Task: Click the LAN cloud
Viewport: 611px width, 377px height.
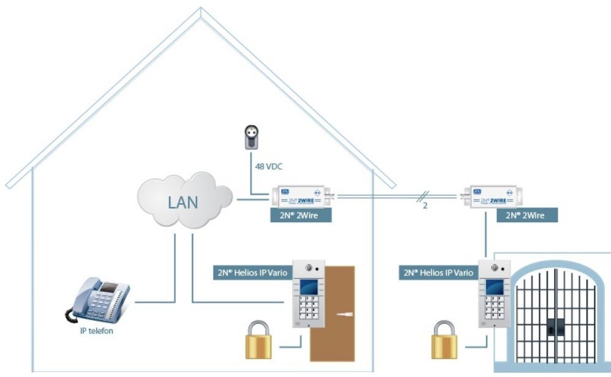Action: pos(184,203)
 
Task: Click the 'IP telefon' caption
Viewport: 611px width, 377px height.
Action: pos(97,331)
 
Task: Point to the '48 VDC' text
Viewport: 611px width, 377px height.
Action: pos(268,165)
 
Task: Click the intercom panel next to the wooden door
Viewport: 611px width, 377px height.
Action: pos(308,294)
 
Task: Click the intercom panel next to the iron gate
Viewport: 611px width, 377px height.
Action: pos(493,294)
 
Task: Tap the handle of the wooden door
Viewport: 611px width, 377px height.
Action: pos(345,314)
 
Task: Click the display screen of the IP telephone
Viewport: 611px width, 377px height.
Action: pos(109,287)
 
